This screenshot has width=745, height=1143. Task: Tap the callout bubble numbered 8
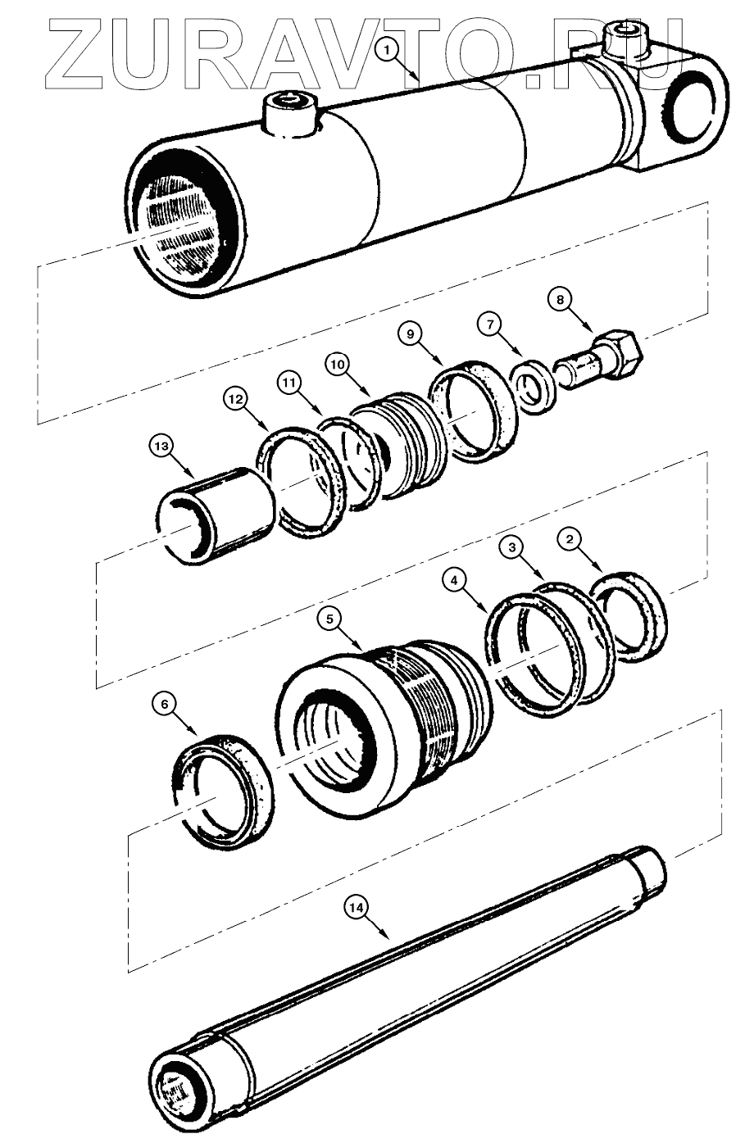coord(561,300)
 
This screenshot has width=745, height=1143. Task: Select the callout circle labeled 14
coord(355,907)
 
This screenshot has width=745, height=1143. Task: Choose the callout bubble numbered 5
coord(330,619)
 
